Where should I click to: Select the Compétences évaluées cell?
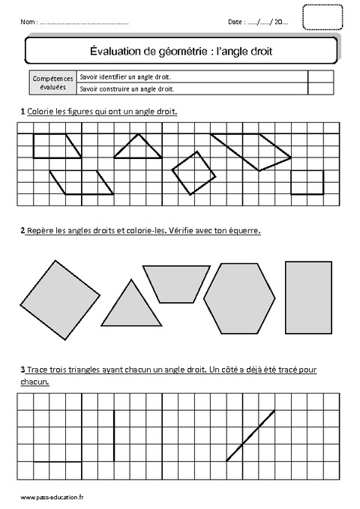click(50, 82)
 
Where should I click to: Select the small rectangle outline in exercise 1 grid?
click(307, 182)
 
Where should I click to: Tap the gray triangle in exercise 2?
click(132, 307)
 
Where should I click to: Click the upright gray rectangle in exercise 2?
click(309, 297)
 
